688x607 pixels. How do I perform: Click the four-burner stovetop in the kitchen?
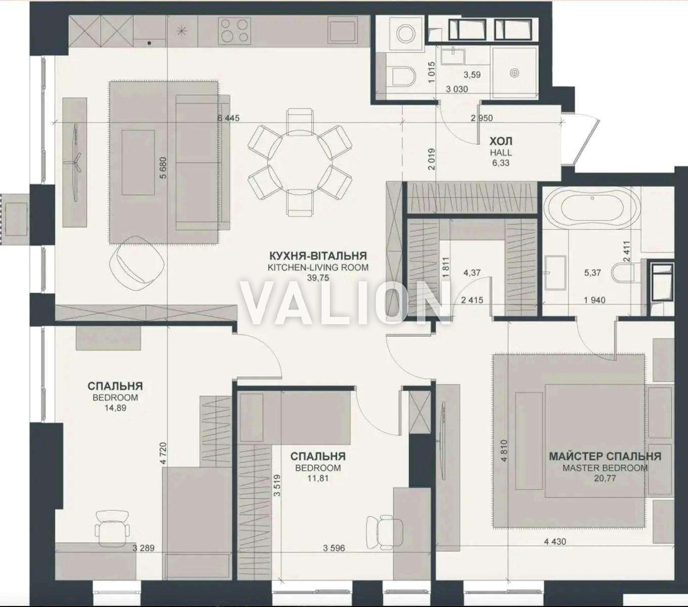(x=234, y=30)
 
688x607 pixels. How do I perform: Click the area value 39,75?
(x=318, y=278)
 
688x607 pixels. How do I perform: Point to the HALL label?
(x=500, y=153)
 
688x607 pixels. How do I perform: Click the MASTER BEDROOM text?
(x=605, y=468)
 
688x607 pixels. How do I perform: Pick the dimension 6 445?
(x=228, y=118)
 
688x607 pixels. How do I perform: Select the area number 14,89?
(x=115, y=408)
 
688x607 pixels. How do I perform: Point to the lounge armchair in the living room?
(x=137, y=264)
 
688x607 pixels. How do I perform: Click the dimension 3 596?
(x=334, y=548)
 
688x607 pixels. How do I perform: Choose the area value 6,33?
(x=500, y=163)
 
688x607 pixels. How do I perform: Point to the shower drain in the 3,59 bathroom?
(x=514, y=73)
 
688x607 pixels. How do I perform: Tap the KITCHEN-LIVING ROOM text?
(x=318, y=268)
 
